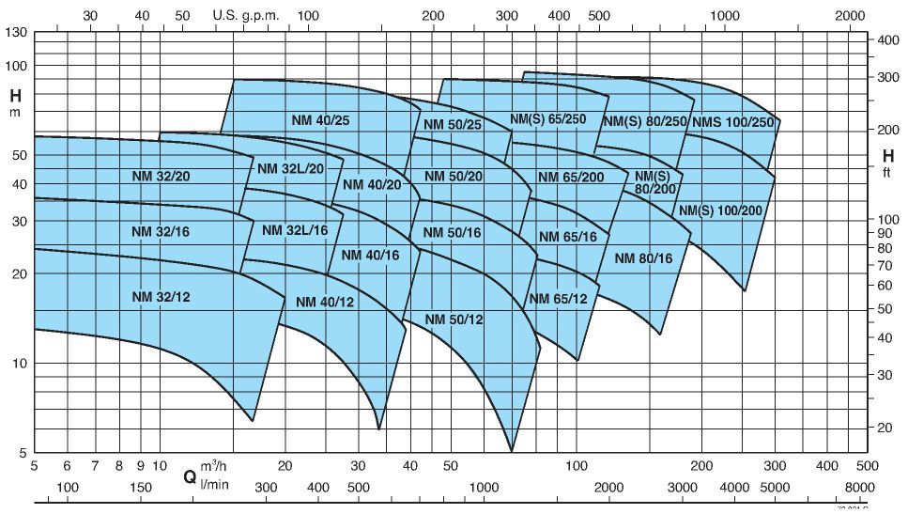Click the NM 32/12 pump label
point(161,297)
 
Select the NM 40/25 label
point(319,120)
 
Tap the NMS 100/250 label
point(732,122)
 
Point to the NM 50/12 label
point(454,319)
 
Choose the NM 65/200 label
point(571,178)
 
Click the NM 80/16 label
point(644,258)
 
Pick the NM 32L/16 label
point(295,230)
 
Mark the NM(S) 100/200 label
point(720,210)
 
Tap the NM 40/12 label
point(325,302)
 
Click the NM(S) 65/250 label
point(547,120)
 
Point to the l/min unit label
point(214,483)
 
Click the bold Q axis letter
point(190,476)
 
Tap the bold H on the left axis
point(15,95)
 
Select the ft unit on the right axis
point(886,174)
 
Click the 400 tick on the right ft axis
point(887,40)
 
